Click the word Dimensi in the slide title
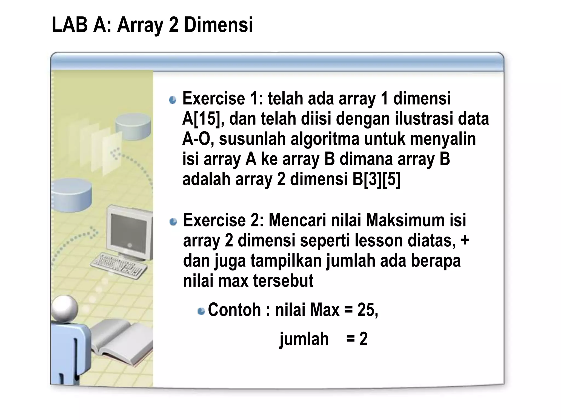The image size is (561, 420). (218, 25)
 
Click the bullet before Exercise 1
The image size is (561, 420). (173, 100)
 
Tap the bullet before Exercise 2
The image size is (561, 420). (173, 221)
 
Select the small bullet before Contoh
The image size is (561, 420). (201, 311)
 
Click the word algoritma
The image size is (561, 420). (325, 139)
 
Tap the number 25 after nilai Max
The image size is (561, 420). (367, 310)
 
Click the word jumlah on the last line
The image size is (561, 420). (304, 339)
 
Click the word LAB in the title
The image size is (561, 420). (69, 25)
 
